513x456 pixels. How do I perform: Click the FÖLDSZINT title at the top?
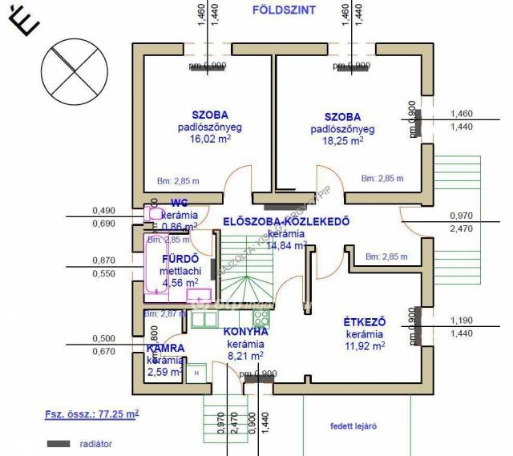(284, 10)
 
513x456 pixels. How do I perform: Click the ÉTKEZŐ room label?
(366, 321)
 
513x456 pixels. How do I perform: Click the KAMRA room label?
(166, 349)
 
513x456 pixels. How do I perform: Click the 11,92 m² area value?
(366, 346)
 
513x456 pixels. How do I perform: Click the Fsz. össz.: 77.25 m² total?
(92, 415)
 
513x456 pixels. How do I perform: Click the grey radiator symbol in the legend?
(59, 443)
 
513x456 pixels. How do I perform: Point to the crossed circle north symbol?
(74, 68)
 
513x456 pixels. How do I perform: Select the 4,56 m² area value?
(180, 282)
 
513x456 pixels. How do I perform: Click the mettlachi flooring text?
(181, 271)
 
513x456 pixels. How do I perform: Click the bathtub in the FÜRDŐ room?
(152, 264)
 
